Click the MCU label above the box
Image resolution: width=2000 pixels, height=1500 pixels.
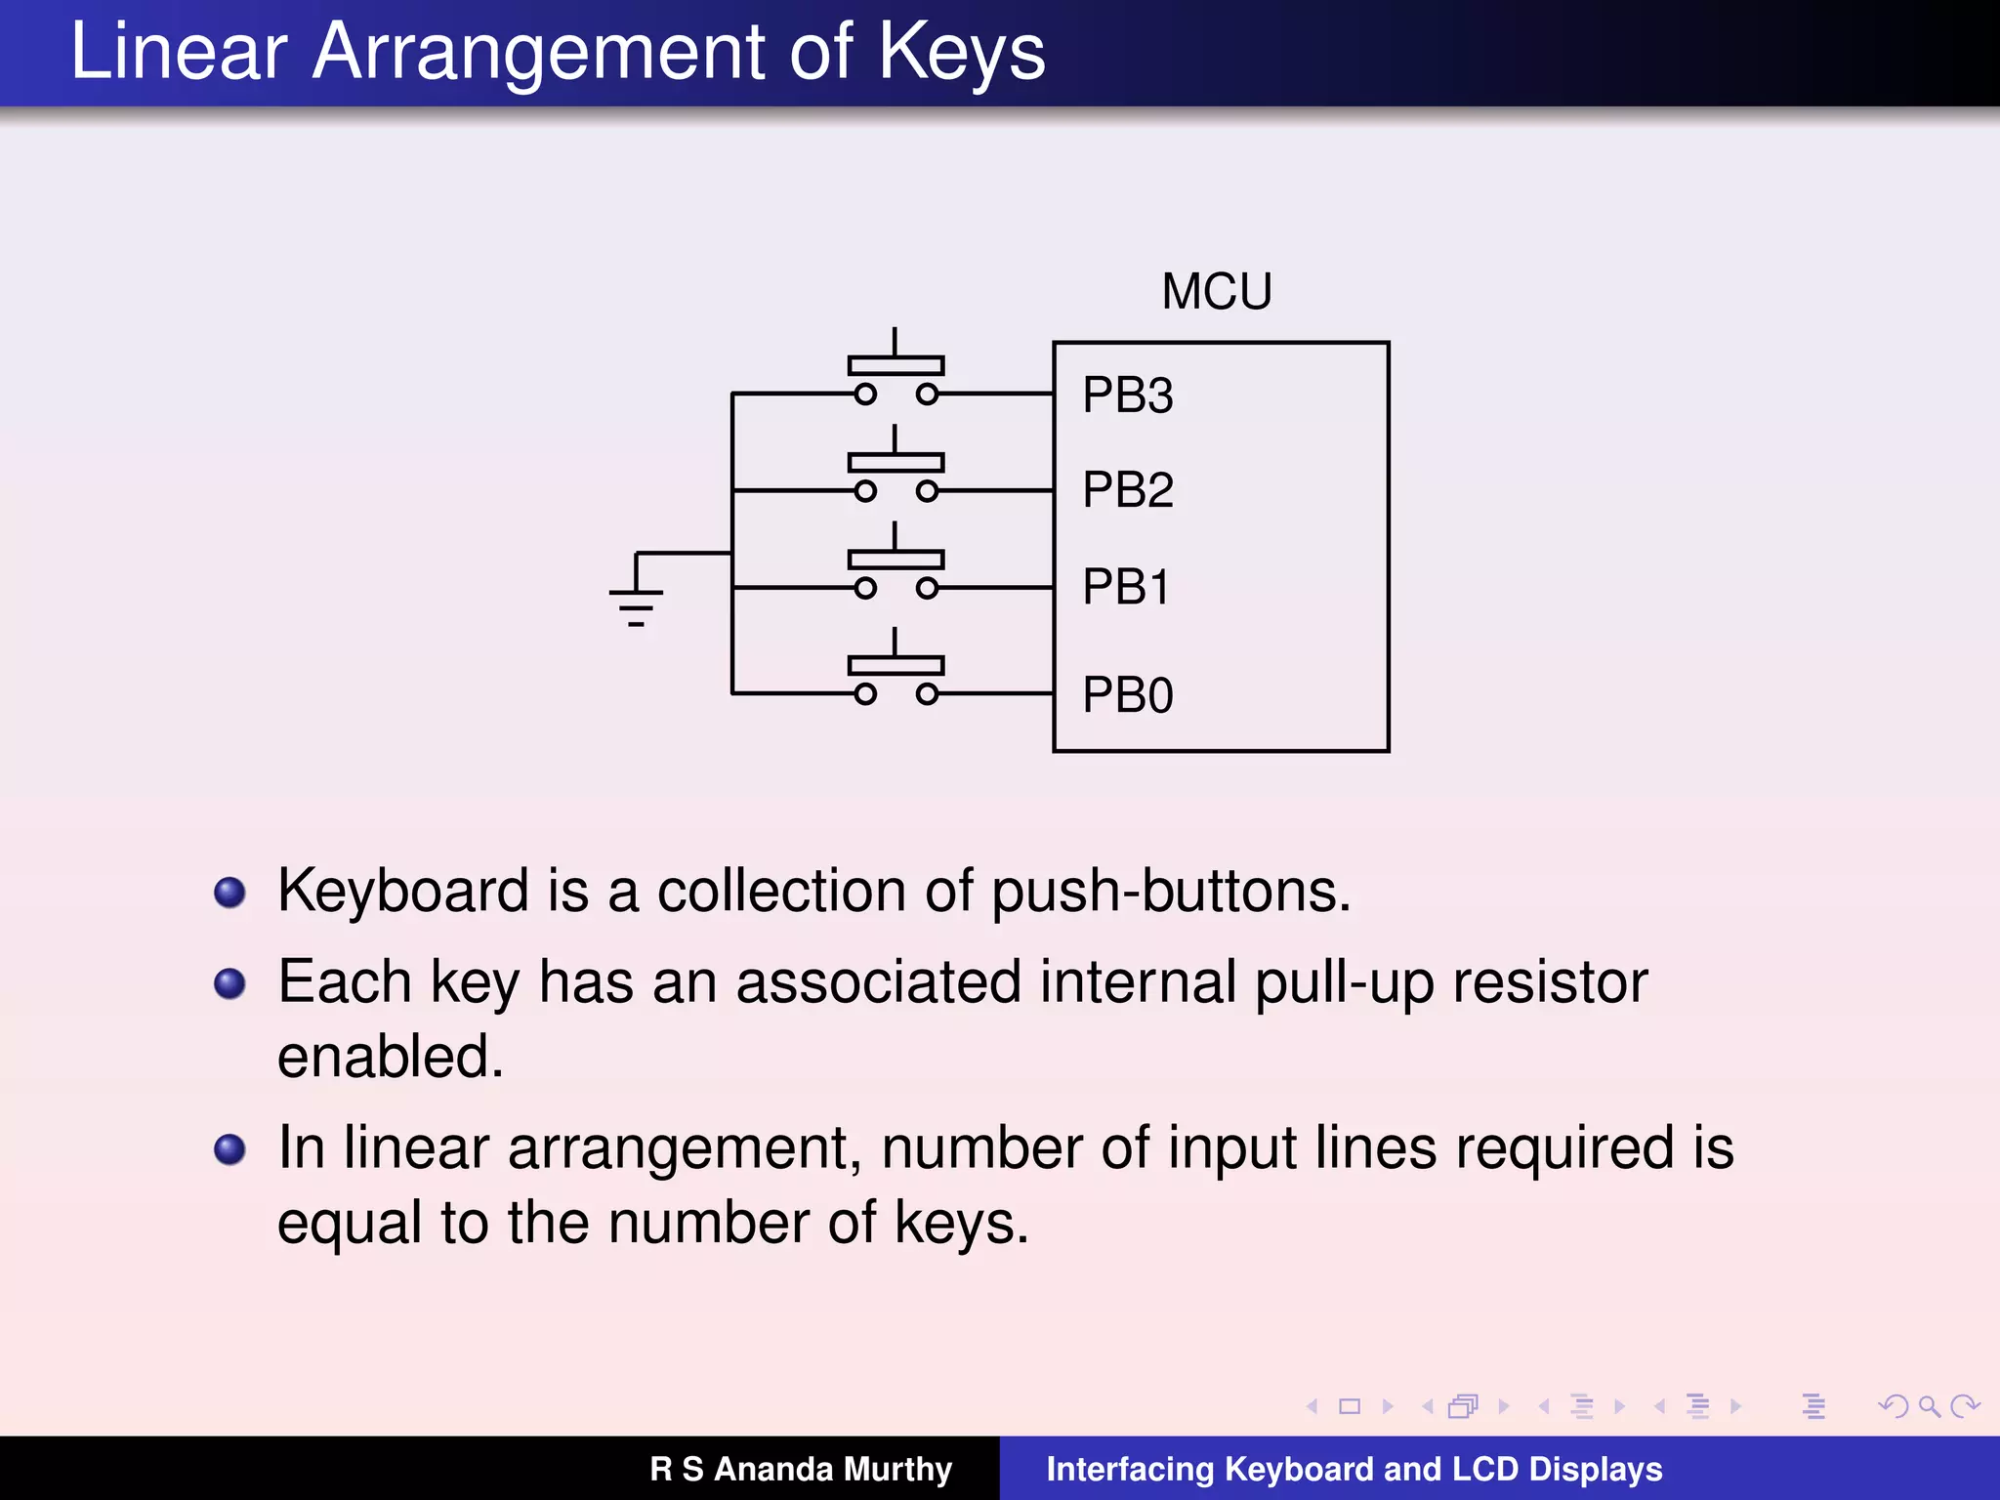point(1217,291)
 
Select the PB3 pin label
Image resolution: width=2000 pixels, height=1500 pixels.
point(1127,396)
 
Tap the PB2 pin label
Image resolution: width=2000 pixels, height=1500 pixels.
point(1127,489)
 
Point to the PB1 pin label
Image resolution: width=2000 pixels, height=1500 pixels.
point(1125,587)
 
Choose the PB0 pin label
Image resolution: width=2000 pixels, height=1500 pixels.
point(1127,695)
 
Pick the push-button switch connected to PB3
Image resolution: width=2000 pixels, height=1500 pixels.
point(896,376)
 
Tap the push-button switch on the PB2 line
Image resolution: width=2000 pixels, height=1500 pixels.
point(896,473)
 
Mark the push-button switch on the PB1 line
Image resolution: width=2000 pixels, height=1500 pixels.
point(896,569)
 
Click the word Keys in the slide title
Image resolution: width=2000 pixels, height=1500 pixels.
point(961,53)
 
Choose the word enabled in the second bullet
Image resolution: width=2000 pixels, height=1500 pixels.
point(390,1057)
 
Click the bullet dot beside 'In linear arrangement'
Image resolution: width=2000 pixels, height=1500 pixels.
point(229,1148)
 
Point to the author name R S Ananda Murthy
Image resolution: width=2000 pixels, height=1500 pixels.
point(801,1469)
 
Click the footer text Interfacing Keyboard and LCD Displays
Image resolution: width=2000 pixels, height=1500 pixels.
point(1354,1469)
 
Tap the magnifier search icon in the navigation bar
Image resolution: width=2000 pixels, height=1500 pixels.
point(1929,1406)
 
